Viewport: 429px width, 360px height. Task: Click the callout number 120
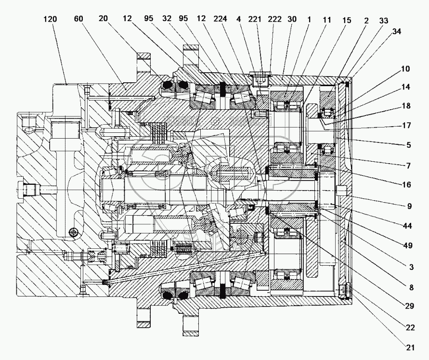tap(51, 19)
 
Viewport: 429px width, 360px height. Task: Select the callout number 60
tap(78, 19)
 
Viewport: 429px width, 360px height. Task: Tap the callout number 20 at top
tap(103, 19)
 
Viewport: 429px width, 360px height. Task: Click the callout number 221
tap(255, 19)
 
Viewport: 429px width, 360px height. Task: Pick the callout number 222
tap(275, 19)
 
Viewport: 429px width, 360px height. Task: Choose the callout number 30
tap(292, 19)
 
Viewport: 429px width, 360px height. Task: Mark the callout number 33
tap(384, 21)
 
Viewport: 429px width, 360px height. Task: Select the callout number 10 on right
tap(405, 69)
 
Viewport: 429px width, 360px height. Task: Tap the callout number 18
tap(406, 105)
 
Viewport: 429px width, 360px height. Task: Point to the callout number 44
tap(407, 226)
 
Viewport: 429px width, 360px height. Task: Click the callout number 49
tap(408, 245)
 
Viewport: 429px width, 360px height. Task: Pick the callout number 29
tap(410, 306)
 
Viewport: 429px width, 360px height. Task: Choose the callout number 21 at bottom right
tap(410, 347)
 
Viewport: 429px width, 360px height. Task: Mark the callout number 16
tap(406, 185)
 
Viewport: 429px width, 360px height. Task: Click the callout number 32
tap(167, 19)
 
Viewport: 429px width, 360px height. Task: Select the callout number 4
tap(239, 19)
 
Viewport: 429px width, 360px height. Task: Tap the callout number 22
tap(410, 327)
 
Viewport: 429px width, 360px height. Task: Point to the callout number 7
tap(408, 166)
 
